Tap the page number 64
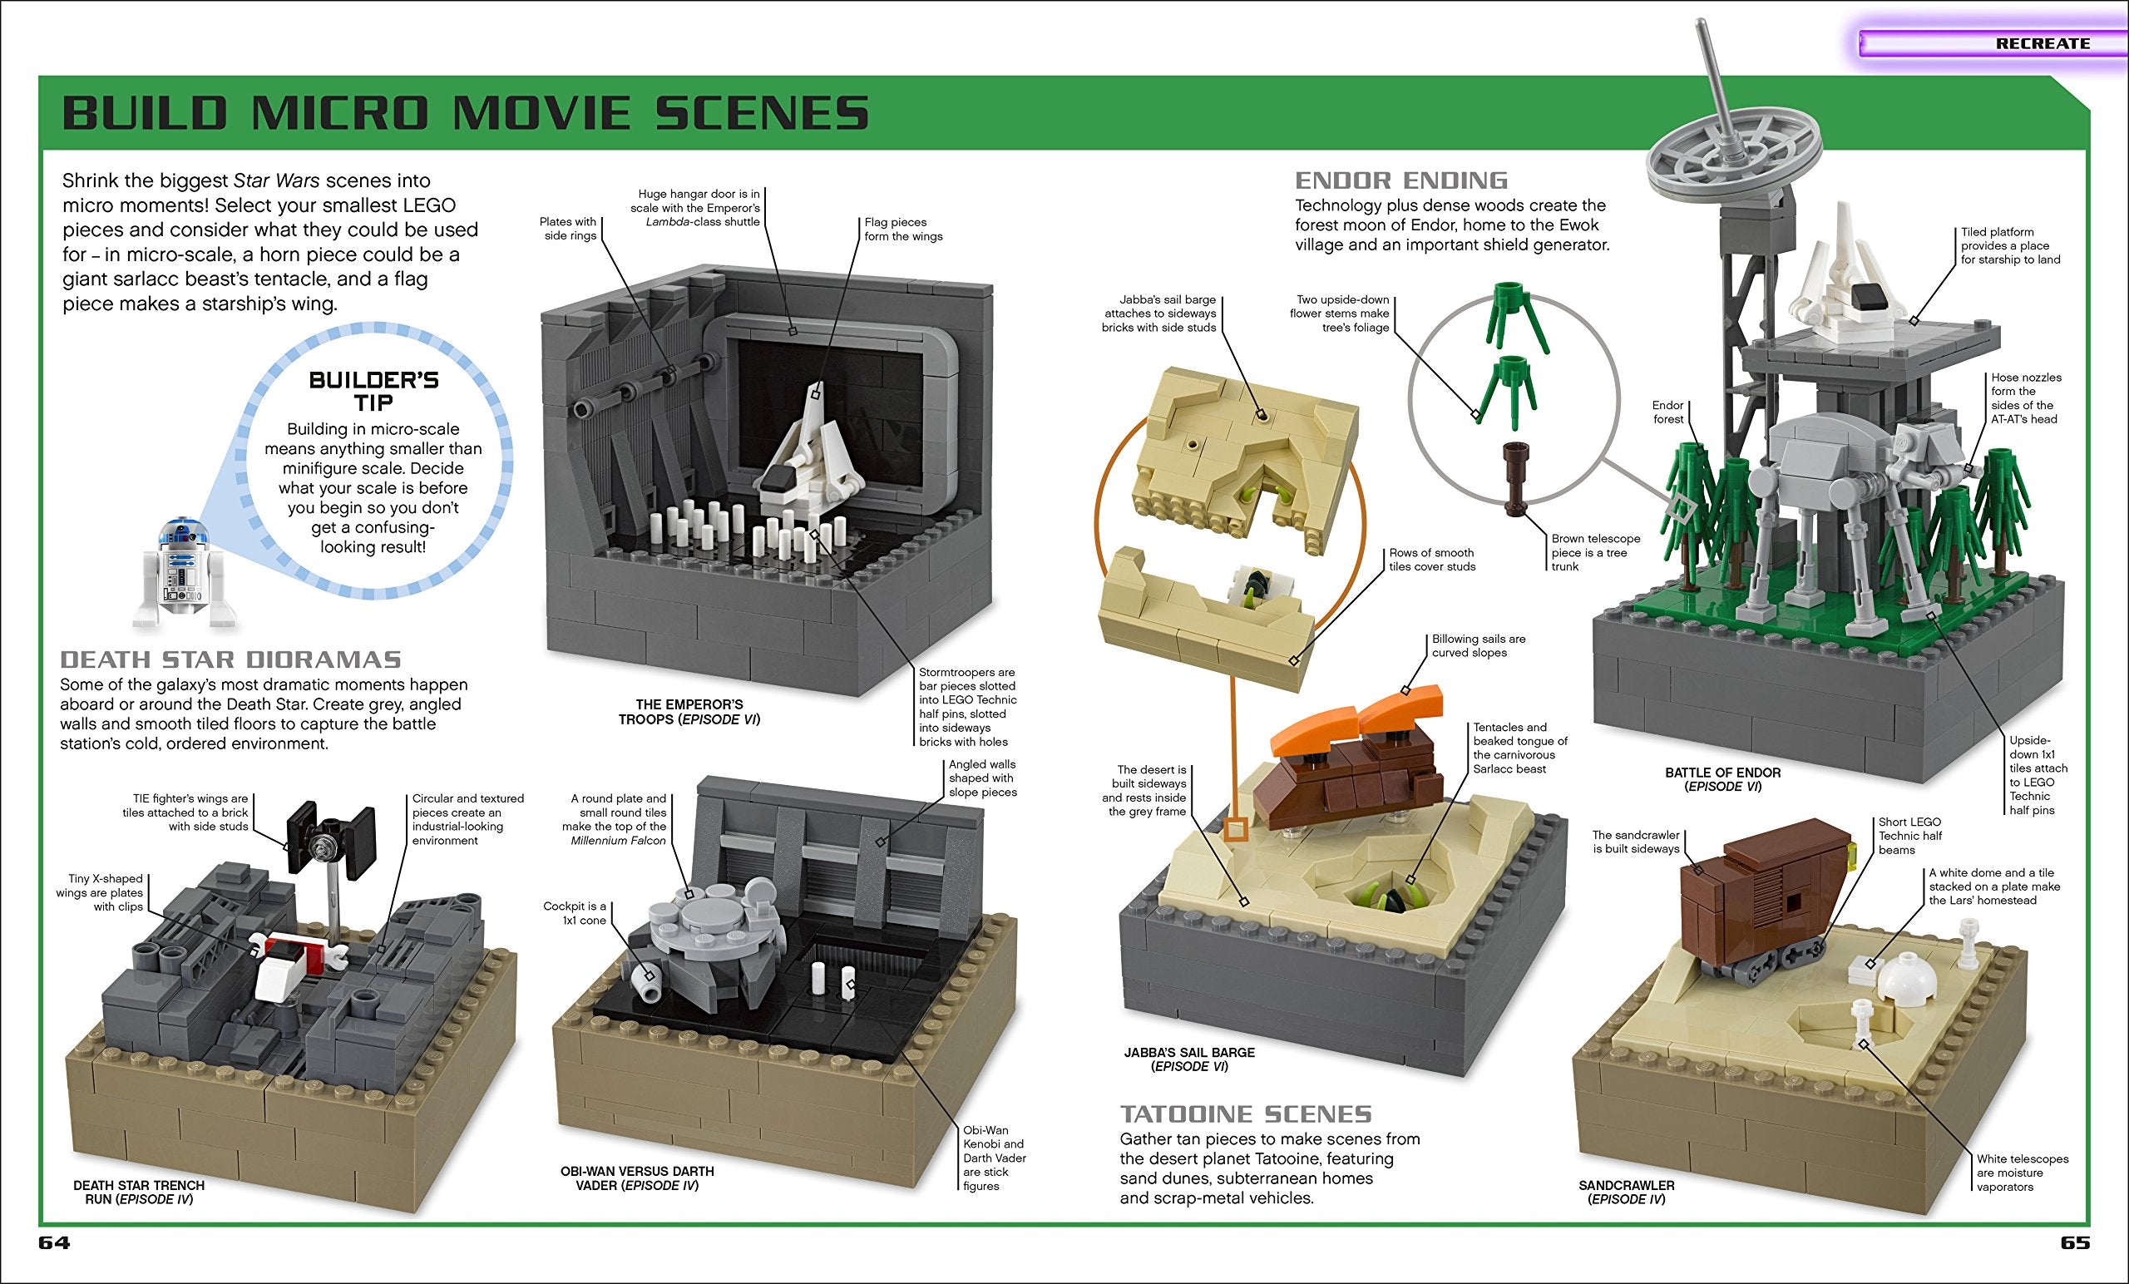coord(53,1242)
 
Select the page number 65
coord(2075,1242)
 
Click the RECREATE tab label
coord(2042,43)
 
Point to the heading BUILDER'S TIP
coord(373,392)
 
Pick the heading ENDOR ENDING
coord(1400,180)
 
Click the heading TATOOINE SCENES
coord(1245,1114)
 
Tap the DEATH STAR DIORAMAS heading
coord(230,660)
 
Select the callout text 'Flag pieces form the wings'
coord(902,229)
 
